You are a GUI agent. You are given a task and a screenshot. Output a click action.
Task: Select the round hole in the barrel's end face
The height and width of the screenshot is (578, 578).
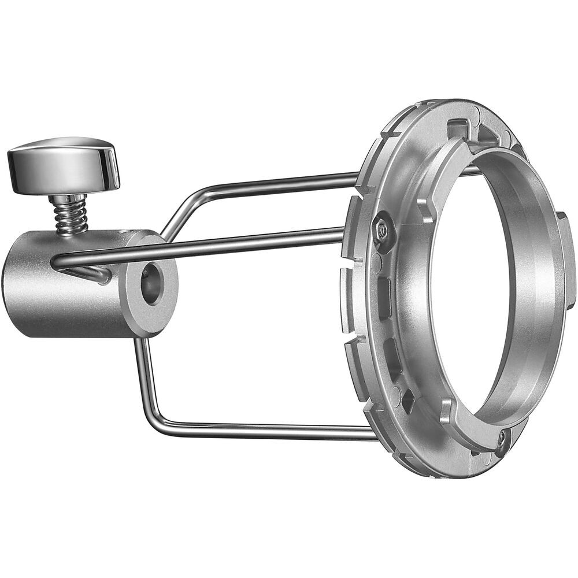pyautogui.click(x=152, y=284)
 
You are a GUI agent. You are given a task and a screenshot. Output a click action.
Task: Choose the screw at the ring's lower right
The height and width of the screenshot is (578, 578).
pyautogui.click(x=502, y=437)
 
